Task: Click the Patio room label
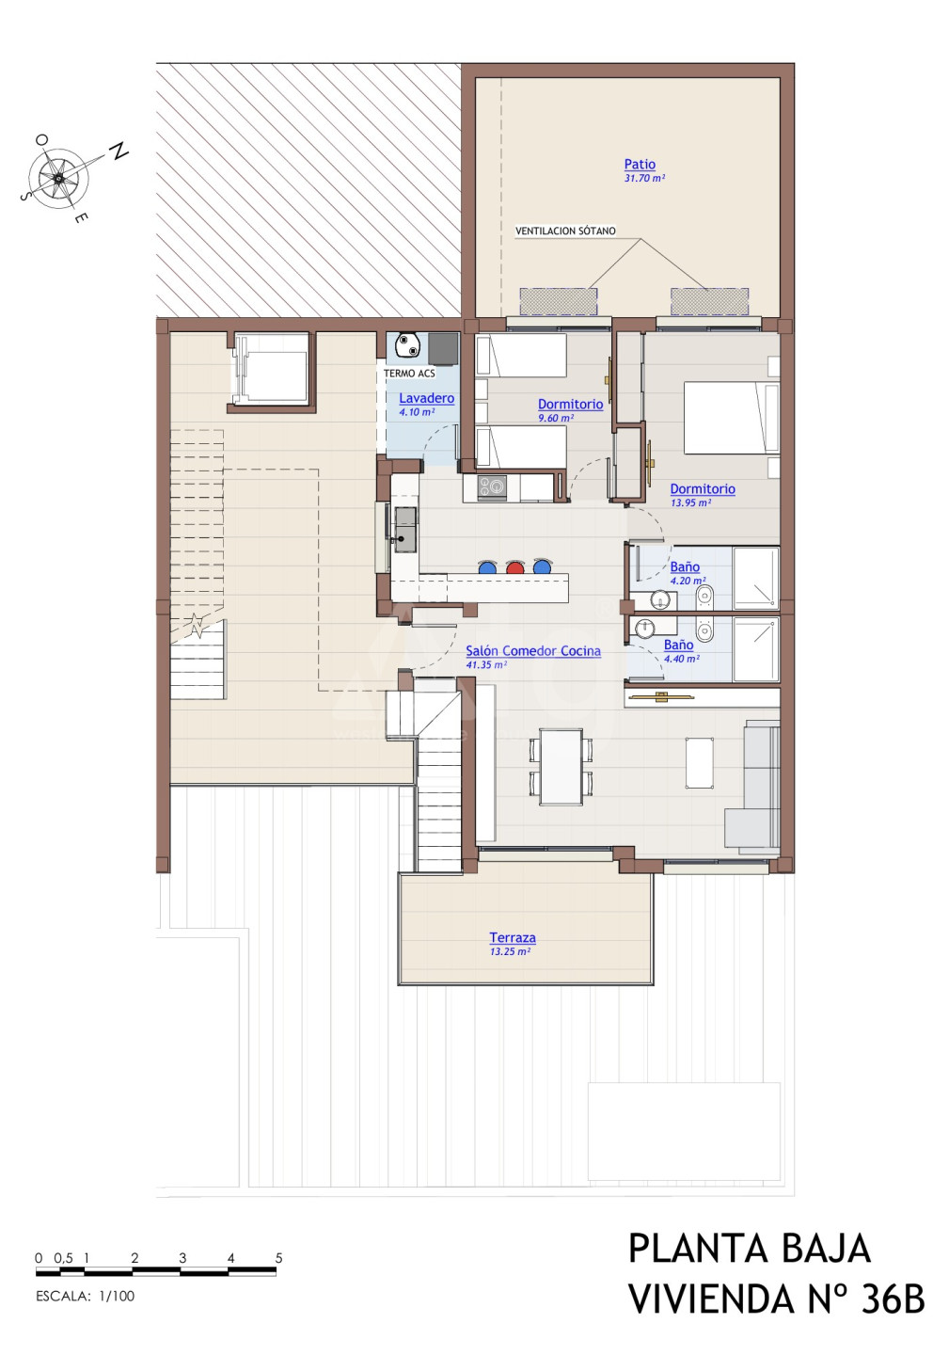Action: pos(640,164)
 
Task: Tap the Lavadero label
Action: pos(426,398)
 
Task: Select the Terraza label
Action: pos(513,937)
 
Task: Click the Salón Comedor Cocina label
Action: pos(533,651)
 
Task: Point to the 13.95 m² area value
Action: pos(691,502)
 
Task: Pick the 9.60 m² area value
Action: pos(556,418)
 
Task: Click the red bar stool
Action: pos(514,566)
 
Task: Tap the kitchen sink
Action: pos(405,530)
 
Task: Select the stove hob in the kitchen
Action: pos(492,487)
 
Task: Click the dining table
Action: pos(561,767)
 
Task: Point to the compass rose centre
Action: pos(58,178)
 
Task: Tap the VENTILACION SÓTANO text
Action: pos(565,231)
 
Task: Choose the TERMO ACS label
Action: pos(409,374)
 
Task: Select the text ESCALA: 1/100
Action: pos(86,1296)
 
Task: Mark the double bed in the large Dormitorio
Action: pos(732,418)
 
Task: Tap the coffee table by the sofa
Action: pos(700,762)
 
